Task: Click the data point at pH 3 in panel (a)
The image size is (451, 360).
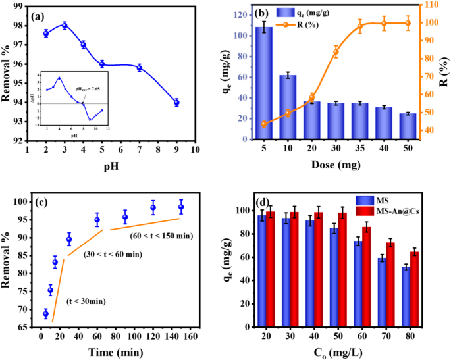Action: (65, 26)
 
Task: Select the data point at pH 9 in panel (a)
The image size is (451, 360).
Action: (176, 103)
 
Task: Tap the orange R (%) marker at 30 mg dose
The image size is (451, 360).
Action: (336, 53)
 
